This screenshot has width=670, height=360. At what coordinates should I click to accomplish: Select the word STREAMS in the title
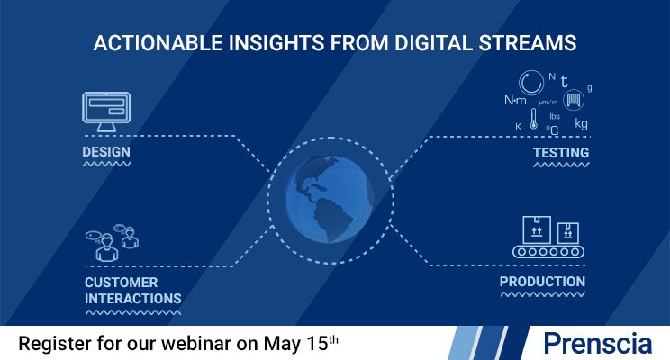click(x=531, y=42)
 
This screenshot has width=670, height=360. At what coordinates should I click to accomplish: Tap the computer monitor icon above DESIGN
click(x=106, y=111)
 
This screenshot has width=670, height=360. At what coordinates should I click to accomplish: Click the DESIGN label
click(x=106, y=152)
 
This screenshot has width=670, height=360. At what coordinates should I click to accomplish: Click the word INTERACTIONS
click(x=132, y=299)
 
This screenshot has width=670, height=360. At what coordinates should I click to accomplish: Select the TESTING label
click(x=560, y=153)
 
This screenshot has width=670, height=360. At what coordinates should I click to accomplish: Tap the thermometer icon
click(x=532, y=120)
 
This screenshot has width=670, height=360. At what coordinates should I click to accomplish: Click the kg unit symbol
click(x=581, y=123)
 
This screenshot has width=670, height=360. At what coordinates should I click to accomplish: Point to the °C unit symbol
click(x=553, y=130)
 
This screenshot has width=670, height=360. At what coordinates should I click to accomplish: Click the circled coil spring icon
click(x=572, y=99)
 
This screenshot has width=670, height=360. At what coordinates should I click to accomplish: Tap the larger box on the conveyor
click(x=537, y=229)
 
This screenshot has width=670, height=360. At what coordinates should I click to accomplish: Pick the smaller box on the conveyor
click(x=567, y=232)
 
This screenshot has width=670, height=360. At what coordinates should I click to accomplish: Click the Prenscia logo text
click(x=598, y=343)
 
